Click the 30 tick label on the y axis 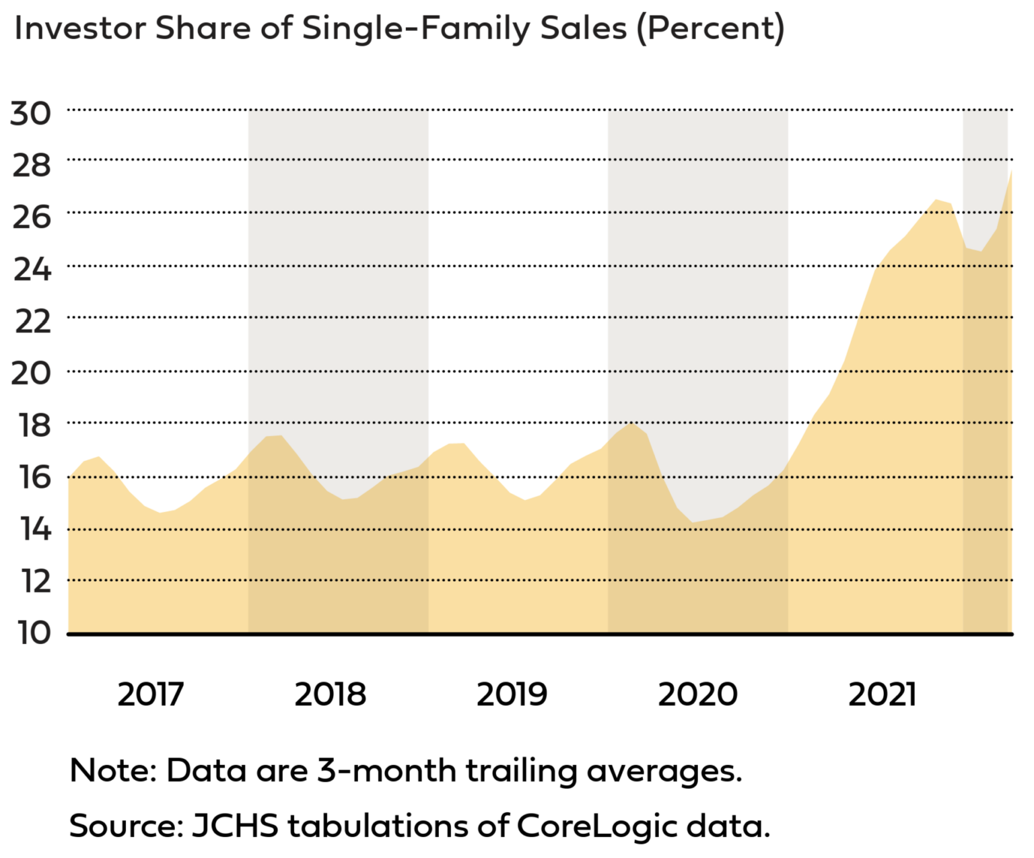[31, 113]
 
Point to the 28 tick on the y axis [31, 165]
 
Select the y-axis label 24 [31, 269]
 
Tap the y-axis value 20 [31, 373]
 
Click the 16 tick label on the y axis [31, 477]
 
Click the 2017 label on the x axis [150, 694]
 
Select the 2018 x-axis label [330, 694]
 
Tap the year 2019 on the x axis [512, 694]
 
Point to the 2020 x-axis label [697, 694]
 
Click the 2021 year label [882, 694]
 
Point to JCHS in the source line [235, 826]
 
